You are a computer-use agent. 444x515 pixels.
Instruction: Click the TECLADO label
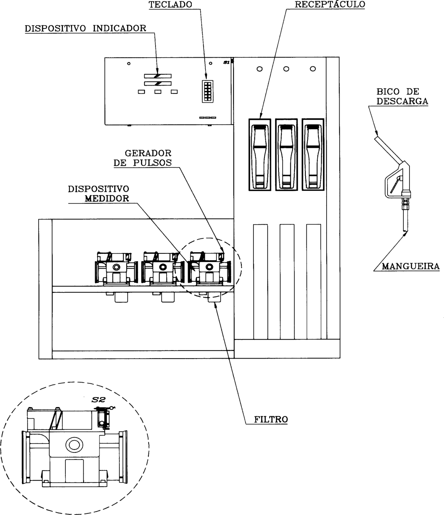coord(171,4)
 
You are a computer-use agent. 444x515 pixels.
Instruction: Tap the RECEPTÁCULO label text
coord(330,4)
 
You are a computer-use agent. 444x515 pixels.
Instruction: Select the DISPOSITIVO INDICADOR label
coord(85,28)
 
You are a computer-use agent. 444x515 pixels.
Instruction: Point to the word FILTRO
coord(271,419)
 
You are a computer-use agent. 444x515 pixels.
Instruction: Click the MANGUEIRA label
coord(411,266)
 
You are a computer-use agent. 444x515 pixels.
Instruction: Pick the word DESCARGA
coord(403,101)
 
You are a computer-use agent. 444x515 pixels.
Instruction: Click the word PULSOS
coord(152,163)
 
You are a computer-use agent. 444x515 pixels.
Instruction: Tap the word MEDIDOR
coord(107,198)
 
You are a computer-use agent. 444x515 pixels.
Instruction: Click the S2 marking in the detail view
coord(98,400)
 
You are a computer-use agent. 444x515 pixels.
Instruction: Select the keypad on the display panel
coord(208,91)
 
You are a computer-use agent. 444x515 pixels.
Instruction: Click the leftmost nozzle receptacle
coord(260,155)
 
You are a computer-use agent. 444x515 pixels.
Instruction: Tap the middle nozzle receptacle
coord(286,155)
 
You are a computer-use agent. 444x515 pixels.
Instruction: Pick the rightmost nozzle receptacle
coord(313,155)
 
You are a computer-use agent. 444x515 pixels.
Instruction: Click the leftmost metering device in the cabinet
coord(116,268)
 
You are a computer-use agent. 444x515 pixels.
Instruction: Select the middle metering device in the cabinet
coord(163,268)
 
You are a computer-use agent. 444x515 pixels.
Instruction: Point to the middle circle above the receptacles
coord(286,69)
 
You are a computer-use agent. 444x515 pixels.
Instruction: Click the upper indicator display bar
coord(158,76)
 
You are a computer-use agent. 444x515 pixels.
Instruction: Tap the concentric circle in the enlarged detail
coord(74,445)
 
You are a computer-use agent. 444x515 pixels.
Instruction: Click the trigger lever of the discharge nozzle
coord(395,184)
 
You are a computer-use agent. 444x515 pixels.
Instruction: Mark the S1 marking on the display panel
coord(226,63)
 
